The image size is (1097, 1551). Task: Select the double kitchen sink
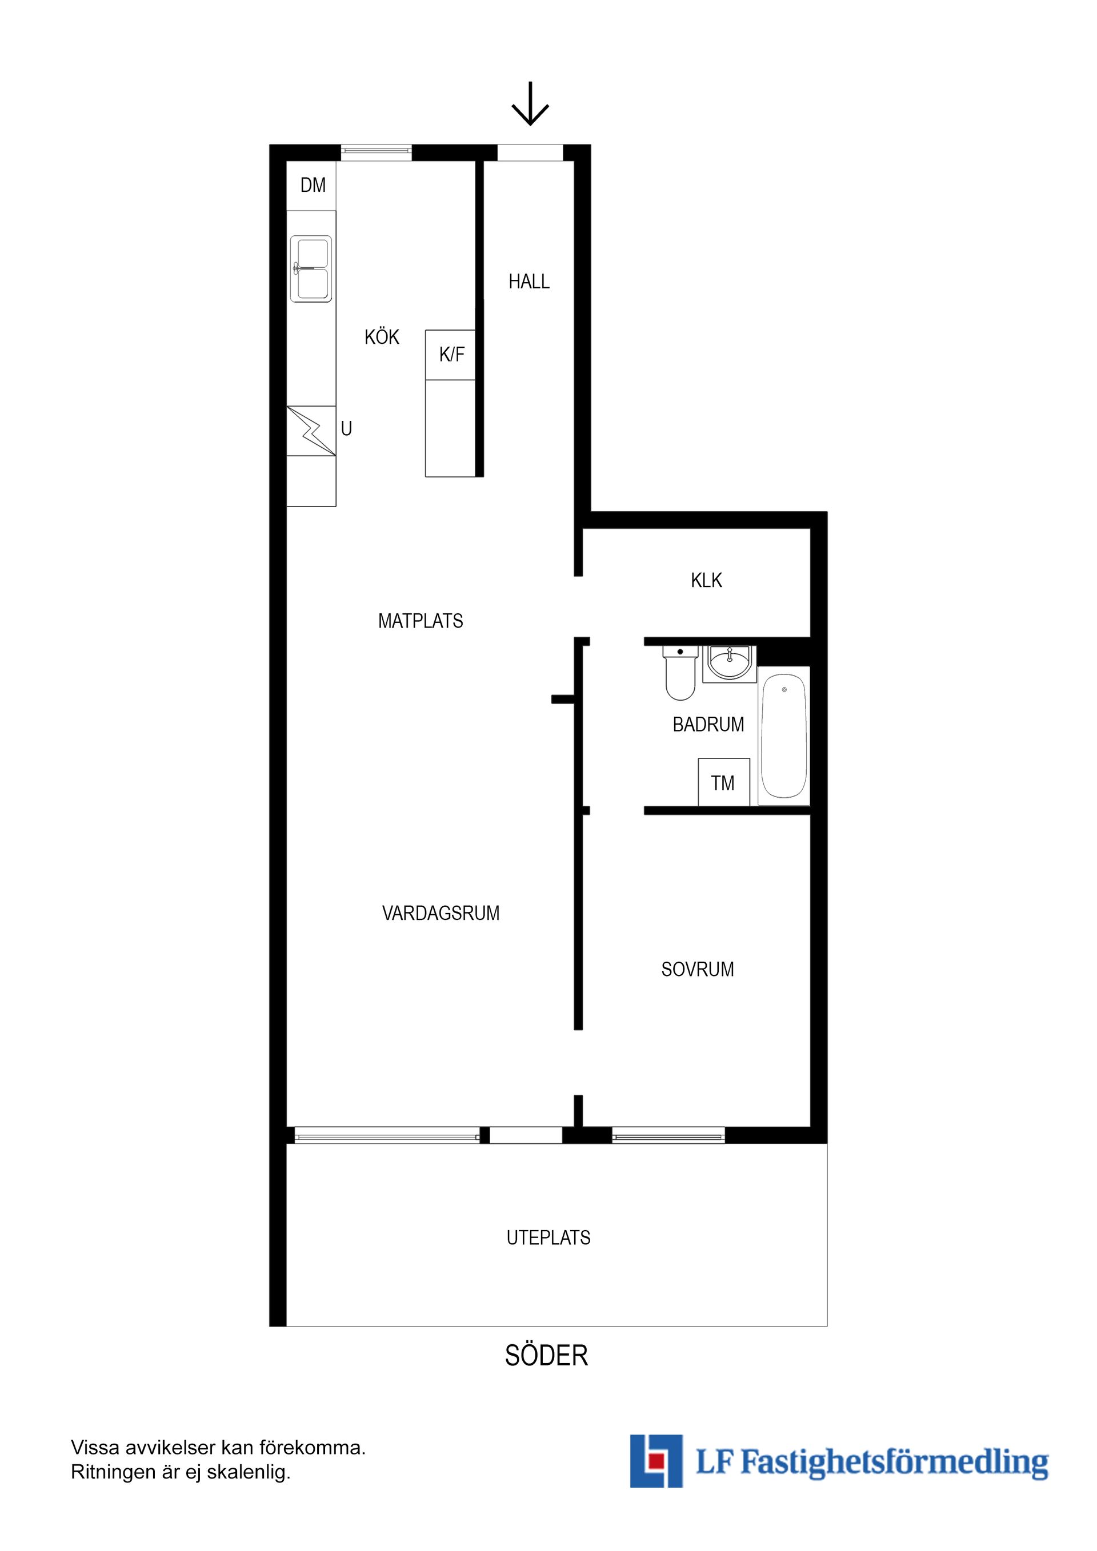click(x=311, y=268)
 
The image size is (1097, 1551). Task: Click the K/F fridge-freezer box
click(x=451, y=354)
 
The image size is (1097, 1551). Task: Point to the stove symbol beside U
click(x=311, y=431)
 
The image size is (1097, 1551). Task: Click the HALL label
click(x=529, y=281)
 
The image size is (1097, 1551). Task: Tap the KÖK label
click(x=382, y=337)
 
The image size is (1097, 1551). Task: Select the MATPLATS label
click(x=421, y=621)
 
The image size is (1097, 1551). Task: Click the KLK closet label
click(x=706, y=580)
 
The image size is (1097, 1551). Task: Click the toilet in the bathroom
click(x=680, y=673)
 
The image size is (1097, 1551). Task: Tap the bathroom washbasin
click(x=729, y=662)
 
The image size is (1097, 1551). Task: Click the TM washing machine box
click(x=723, y=782)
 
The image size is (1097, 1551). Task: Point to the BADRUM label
click(x=708, y=724)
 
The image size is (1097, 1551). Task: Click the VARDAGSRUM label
click(x=441, y=913)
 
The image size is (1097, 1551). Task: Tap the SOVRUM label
click(x=698, y=970)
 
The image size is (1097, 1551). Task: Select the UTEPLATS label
click(x=548, y=1237)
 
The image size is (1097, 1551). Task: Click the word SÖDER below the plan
click(x=546, y=1356)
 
